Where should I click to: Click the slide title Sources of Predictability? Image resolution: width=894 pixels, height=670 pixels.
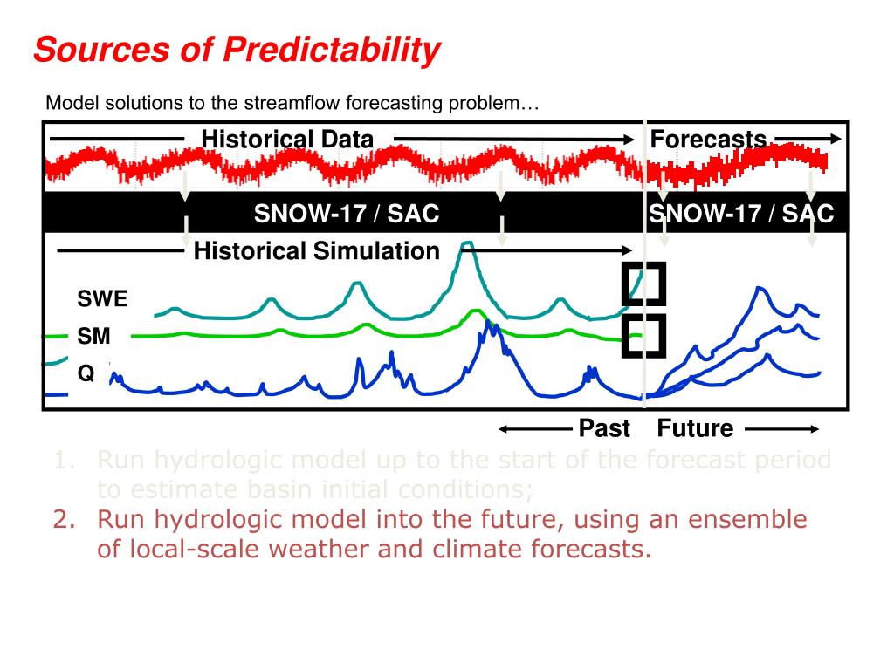[x=237, y=50]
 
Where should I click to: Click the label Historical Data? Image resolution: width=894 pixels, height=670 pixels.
[x=287, y=140]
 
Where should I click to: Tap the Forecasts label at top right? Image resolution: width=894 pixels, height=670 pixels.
[x=708, y=140]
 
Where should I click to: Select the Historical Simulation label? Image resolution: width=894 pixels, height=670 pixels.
[x=316, y=252]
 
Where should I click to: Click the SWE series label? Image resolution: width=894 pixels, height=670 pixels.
[x=102, y=299]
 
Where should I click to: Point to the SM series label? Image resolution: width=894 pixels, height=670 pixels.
[x=94, y=337]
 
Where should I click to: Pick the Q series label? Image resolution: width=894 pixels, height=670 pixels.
[x=86, y=373]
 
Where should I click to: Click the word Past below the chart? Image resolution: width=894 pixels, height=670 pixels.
[x=604, y=428]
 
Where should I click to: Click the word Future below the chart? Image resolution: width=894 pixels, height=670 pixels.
[x=695, y=428]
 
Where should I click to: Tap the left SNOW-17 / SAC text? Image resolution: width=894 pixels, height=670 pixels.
[x=346, y=214]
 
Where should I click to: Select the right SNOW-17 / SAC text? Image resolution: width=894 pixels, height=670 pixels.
[x=741, y=214]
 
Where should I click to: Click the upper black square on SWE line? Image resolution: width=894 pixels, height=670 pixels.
[x=644, y=284]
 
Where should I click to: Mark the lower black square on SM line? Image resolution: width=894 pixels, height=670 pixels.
[x=644, y=335]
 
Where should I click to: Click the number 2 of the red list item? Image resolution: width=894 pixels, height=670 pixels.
[x=60, y=521]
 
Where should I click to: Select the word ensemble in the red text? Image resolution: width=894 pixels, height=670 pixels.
[x=745, y=521]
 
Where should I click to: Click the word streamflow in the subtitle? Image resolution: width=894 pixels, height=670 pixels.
[x=292, y=104]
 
